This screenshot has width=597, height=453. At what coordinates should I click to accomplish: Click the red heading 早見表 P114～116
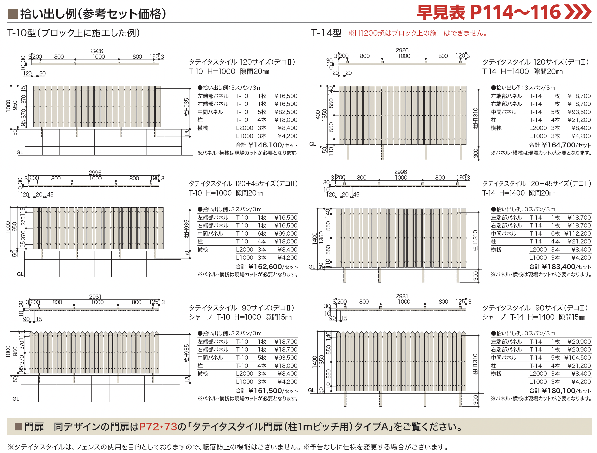tap(503, 12)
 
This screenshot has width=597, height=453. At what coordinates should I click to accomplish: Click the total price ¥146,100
tap(265, 145)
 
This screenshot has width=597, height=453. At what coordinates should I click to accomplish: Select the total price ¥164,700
tap(558, 145)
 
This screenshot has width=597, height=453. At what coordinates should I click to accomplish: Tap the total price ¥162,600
tap(265, 267)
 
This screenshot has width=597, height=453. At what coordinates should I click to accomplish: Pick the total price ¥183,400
tap(558, 267)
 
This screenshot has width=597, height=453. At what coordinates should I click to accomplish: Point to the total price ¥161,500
tap(265, 391)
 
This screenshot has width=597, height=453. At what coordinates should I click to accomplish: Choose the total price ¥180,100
tap(558, 391)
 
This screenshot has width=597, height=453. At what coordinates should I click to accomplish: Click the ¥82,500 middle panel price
tap(285, 112)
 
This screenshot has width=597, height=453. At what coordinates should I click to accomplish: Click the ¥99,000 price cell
tap(285, 234)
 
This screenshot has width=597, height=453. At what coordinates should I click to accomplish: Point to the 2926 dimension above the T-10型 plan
tap(97, 51)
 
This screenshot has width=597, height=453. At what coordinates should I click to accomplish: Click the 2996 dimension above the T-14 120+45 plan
tap(401, 172)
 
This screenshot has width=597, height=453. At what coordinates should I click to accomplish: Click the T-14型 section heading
tap(326, 33)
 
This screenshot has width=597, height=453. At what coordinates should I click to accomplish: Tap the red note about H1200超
tap(418, 33)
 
